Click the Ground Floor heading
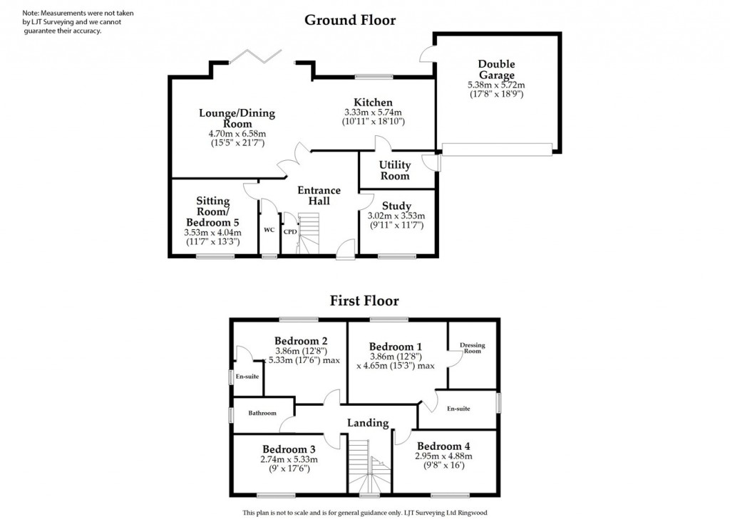pos(349,20)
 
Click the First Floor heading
pos(364,301)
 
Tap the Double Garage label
pos(496,70)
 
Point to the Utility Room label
pos(395,170)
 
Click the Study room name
pos(396,206)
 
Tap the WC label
pos(269,230)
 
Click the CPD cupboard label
pos(290,231)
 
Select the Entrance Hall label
pos(319,196)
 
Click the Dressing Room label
pos(472,348)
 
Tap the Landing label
pos(368,423)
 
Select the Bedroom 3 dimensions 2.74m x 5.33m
pos(289,459)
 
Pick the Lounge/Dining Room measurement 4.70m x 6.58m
pos(237,133)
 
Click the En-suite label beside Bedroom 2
pos(247,376)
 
